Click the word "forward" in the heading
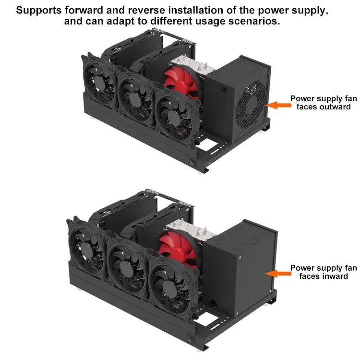(x=84, y=11)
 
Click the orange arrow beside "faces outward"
(x=278, y=105)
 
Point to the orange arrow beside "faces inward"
(x=278, y=274)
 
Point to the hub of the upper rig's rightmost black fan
(x=174, y=117)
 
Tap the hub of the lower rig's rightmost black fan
(x=169, y=288)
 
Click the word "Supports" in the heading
(x=39, y=11)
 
